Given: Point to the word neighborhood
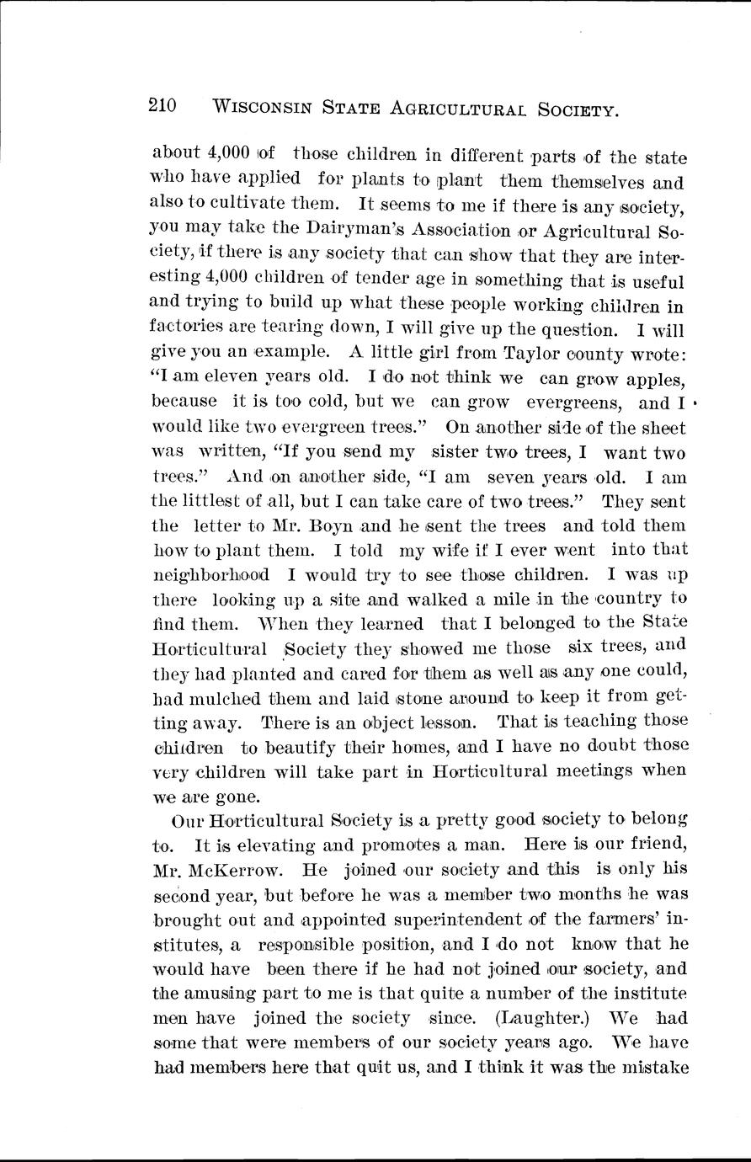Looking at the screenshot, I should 210,575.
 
